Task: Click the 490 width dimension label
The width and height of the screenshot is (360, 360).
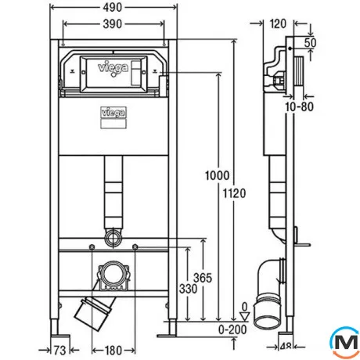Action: [x=113, y=8]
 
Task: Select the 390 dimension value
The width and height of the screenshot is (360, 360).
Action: [x=113, y=24]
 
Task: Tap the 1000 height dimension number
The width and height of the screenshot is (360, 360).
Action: [x=217, y=175]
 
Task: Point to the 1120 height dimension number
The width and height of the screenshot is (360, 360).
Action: [x=234, y=193]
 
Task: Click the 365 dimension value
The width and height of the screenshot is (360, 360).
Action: [x=203, y=278]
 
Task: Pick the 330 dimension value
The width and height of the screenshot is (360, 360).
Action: [x=188, y=289]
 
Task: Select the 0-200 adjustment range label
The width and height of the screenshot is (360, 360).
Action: [x=232, y=329]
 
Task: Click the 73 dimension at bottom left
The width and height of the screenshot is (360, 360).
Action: [x=59, y=351]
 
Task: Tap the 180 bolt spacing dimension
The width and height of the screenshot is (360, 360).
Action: [x=113, y=351]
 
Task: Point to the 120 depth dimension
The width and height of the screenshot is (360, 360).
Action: [x=278, y=24]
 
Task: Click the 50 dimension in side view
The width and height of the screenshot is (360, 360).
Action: [x=310, y=43]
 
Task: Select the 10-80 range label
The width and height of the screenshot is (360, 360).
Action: [x=299, y=106]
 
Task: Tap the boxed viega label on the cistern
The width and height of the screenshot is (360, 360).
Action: [x=113, y=113]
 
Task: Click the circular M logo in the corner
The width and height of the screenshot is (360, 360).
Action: [x=345, y=342]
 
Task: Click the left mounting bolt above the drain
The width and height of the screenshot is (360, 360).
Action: [x=92, y=247]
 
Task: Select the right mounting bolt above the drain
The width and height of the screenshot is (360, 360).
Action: [x=135, y=247]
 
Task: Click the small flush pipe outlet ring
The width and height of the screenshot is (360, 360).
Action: [x=113, y=237]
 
